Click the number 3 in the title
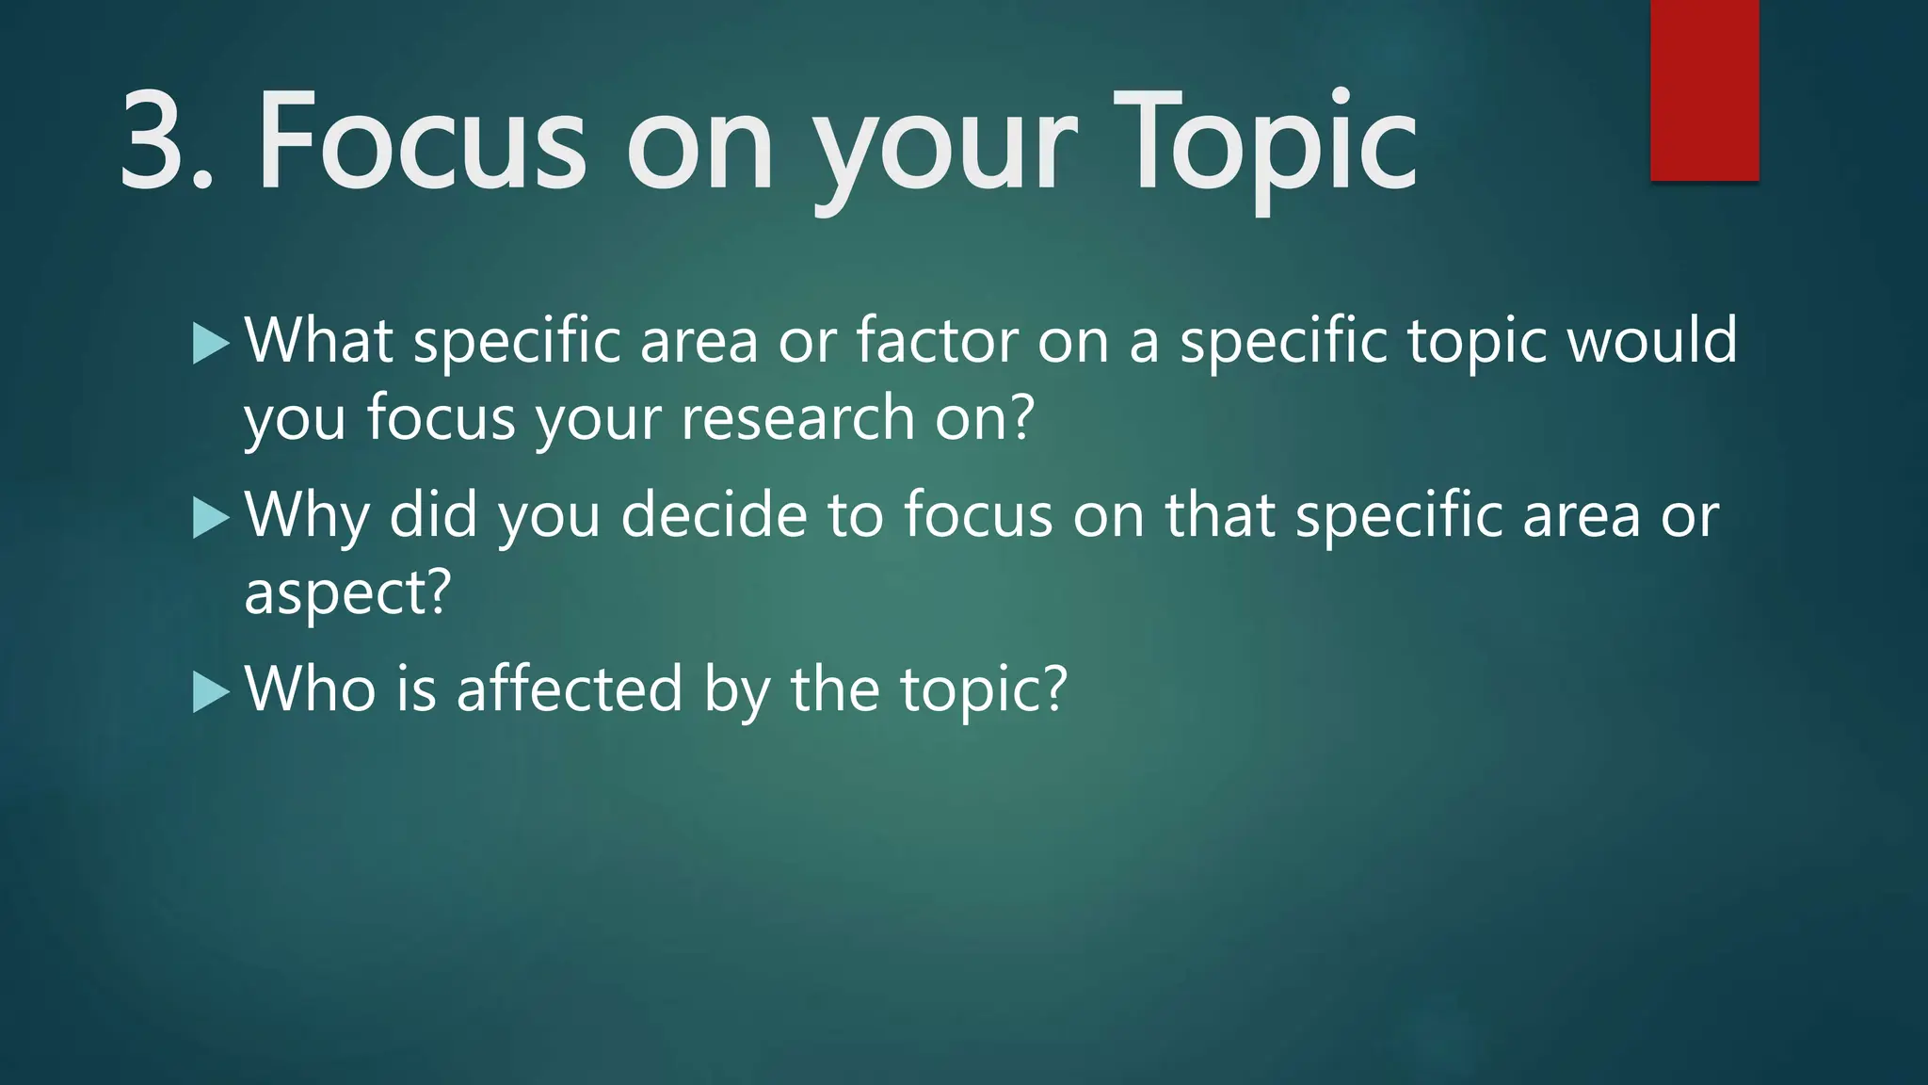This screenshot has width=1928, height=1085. [x=156, y=141]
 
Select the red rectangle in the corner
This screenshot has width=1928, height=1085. [x=1704, y=89]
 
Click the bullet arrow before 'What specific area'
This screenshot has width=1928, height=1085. [x=210, y=343]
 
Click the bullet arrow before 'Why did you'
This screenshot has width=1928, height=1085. [x=210, y=518]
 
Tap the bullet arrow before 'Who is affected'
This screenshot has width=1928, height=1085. [x=210, y=692]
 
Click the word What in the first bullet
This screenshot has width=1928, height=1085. [x=317, y=340]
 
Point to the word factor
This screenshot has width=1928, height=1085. [x=937, y=340]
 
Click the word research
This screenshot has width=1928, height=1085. [x=796, y=418]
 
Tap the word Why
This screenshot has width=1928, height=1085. [x=307, y=516]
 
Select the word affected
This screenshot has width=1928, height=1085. [x=570, y=688]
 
